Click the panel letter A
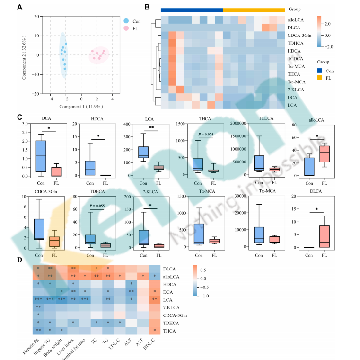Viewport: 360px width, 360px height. [x=19, y=7]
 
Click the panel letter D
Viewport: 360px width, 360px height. [x=19, y=260]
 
